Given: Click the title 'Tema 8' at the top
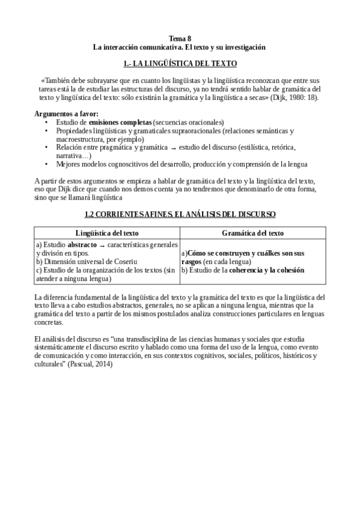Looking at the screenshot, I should point(180,37).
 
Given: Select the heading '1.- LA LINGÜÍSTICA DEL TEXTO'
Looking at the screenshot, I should point(180,63).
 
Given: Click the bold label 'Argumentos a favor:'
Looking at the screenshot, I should point(67,114).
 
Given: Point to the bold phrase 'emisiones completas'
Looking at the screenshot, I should point(120,122).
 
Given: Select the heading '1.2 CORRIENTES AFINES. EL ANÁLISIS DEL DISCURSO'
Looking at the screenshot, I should point(180,214).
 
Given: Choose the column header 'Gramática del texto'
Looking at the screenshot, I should point(253,233).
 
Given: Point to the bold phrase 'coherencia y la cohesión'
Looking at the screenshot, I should point(268,270).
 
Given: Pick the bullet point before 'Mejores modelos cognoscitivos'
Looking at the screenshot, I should point(47,164).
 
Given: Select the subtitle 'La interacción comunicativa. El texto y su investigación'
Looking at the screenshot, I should point(180,46).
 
